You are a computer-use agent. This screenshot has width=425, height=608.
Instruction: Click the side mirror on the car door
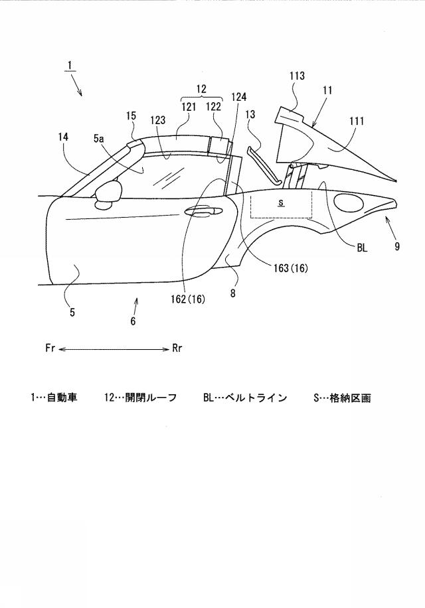(109, 192)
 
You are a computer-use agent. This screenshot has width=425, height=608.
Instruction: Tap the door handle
(203, 211)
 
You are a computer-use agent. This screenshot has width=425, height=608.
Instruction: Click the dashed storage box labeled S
(282, 206)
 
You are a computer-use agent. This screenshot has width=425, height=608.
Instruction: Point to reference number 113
(297, 76)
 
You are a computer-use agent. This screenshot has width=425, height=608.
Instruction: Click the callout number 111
(357, 121)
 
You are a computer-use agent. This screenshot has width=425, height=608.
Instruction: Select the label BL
(362, 248)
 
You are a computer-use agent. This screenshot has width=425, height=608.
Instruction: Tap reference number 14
(64, 137)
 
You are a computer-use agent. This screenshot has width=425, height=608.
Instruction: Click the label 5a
(98, 139)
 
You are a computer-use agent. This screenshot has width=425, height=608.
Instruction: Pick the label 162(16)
(188, 299)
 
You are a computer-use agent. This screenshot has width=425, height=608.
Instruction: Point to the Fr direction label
(50, 348)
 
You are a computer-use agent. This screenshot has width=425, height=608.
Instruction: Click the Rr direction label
(177, 348)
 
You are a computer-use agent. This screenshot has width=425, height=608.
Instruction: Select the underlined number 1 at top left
(70, 66)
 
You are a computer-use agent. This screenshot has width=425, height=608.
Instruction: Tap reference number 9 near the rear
(397, 246)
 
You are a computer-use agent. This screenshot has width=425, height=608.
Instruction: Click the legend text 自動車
(62, 398)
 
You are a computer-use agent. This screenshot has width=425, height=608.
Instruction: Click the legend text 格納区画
(351, 398)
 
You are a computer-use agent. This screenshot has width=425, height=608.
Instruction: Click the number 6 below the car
(133, 321)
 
